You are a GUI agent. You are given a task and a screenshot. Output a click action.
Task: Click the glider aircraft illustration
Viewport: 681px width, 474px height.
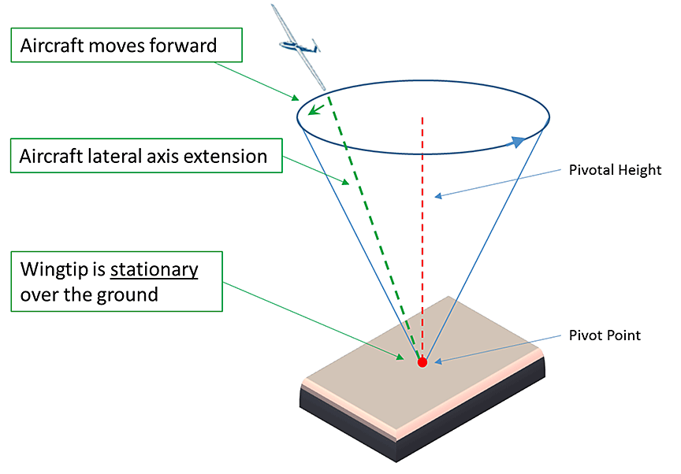click(300, 47)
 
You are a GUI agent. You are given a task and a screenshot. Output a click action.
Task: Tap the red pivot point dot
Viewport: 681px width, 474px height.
click(422, 362)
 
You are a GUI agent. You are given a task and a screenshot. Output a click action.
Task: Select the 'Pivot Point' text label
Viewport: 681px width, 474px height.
click(605, 335)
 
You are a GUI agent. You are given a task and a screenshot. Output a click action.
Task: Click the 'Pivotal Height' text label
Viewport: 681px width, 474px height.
click(615, 170)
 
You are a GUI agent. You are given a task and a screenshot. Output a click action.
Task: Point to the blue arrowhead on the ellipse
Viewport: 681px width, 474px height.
click(517, 142)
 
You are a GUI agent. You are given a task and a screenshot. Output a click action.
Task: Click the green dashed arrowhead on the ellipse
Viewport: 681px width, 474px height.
click(314, 110)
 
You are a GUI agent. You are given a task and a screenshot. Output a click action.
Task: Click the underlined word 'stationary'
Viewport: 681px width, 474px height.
click(154, 270)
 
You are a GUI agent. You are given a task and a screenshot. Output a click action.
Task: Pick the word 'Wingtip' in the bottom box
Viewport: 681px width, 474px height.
click(54, 270)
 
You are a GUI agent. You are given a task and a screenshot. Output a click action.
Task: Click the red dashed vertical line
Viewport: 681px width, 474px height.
click(423, 236)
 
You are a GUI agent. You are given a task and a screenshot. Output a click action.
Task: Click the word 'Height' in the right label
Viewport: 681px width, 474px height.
click(642, 170)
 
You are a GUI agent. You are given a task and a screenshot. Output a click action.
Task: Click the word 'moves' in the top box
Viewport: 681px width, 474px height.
click(120, 46)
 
